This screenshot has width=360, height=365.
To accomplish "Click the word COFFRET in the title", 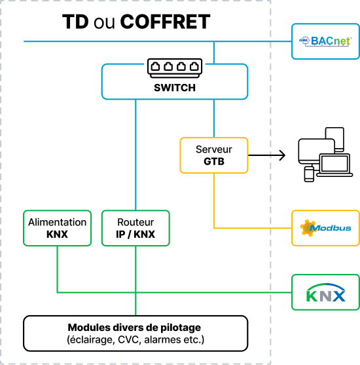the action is click(x=165, y=22).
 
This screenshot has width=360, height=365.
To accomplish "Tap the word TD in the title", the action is click(x=75, y=22).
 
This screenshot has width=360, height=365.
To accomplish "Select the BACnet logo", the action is click(x=325, y=41).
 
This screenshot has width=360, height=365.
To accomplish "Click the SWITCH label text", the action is click(x=175, y=88).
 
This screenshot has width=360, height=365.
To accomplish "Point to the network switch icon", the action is click(x=175, y=68).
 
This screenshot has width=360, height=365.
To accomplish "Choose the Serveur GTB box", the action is click(x=214, y=155).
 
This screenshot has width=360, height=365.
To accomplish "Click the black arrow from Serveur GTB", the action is click(x=267, y=155).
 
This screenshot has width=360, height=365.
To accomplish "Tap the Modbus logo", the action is click(x=325, y=228).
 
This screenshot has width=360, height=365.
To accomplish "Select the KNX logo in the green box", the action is click(x=326, y=292).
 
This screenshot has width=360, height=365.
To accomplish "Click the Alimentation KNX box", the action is click(x=57, y=228).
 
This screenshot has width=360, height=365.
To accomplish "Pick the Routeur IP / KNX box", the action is click(x=135, y=228).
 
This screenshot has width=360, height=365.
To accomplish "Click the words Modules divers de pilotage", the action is click(x=134, y=328).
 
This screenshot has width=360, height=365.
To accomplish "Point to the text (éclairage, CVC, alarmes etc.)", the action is click(x=135, y=339).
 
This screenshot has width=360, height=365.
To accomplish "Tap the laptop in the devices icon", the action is click(x=334, y=165).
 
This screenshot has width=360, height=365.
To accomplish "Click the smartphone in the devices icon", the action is click(x=309, y=174).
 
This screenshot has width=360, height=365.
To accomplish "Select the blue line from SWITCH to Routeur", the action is click(x=135, y=155).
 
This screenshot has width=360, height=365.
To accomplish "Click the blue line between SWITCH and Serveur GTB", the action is click(x=214, y=119).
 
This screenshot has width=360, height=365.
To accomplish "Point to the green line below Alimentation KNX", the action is click(x=57, y=269).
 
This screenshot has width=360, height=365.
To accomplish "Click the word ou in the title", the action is click(x=104, y=24).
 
